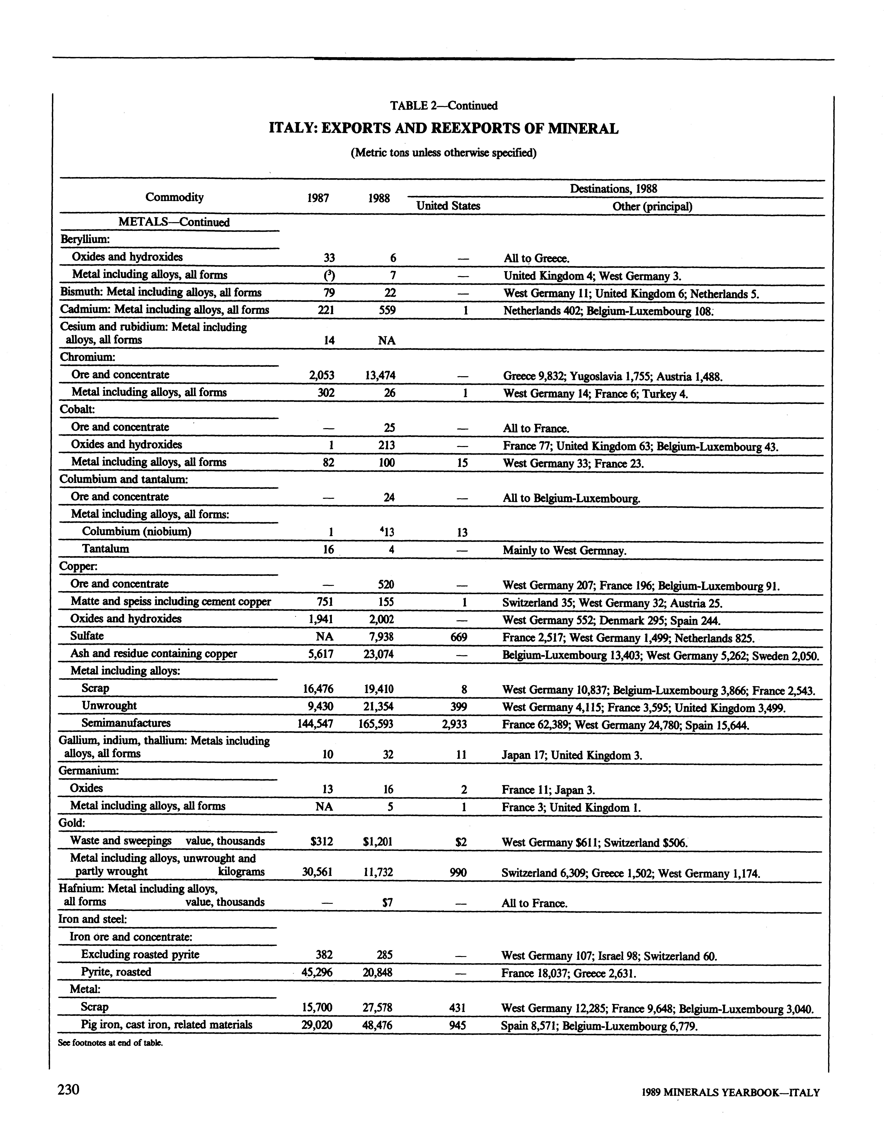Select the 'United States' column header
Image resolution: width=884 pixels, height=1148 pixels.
point(448,206)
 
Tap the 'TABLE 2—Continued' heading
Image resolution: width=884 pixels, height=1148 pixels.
point(443,106)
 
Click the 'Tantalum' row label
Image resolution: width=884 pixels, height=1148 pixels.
point(105,549)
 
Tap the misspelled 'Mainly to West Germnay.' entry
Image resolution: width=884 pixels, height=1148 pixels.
point(564,551)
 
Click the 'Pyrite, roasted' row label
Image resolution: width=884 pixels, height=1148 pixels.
point(116,972)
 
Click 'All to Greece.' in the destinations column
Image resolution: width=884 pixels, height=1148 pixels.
point(536,259)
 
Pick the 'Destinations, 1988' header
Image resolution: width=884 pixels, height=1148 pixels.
point(613,188)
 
